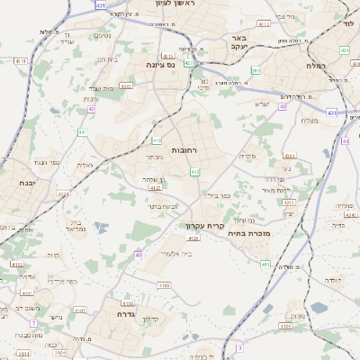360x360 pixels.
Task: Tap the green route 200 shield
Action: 256,69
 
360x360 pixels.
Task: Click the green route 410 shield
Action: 157,140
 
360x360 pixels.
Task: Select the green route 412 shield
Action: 195,171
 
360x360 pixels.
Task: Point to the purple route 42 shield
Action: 91,109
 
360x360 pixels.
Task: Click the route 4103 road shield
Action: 164,285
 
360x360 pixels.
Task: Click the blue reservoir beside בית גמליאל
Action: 100,226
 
